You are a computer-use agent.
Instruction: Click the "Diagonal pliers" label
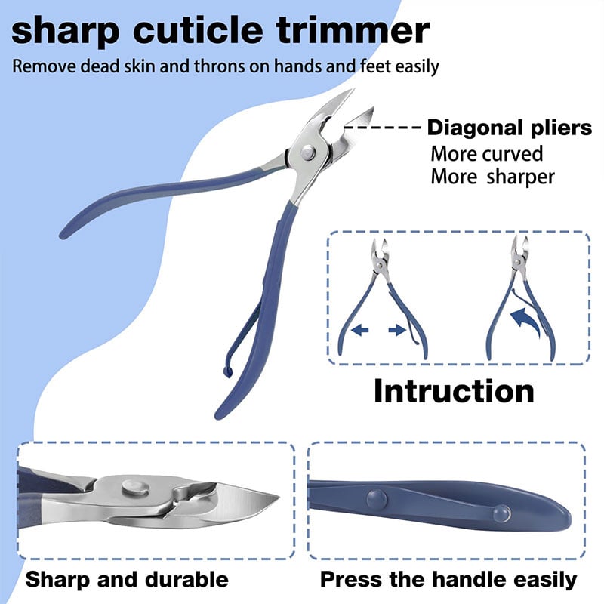click(x=510, y=128)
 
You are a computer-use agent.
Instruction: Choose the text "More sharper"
click(x=492, y=177)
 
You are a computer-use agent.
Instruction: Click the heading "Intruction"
click(x=454, y=390)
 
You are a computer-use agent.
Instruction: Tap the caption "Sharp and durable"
click(x=126, y=580)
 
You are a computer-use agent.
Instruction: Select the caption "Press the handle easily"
click(x=448, y=580)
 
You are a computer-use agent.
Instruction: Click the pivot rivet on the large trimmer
click(x=307, y=153)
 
